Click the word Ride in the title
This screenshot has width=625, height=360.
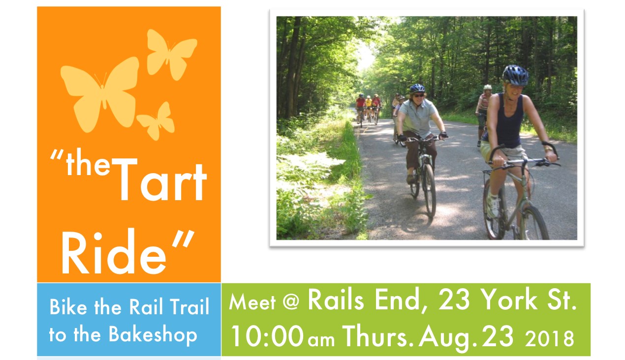[114, 252]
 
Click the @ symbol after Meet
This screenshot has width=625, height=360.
[291, 302]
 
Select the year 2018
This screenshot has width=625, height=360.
[549, 338]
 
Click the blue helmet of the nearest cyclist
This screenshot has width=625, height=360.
[515, 75]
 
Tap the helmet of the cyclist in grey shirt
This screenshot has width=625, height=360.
[417, 88]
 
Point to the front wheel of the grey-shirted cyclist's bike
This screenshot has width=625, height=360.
[430, 190]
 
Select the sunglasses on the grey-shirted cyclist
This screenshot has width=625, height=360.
[418, 95]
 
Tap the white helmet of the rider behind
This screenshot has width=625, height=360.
[487, 87]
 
